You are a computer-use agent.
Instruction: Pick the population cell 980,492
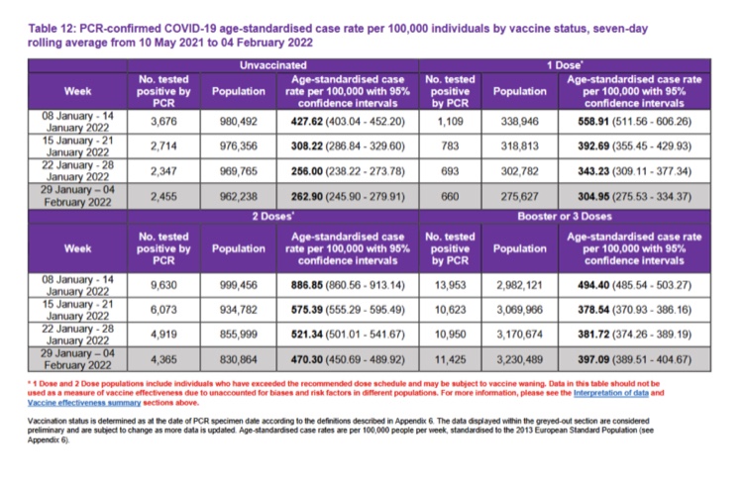click(233, 122)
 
